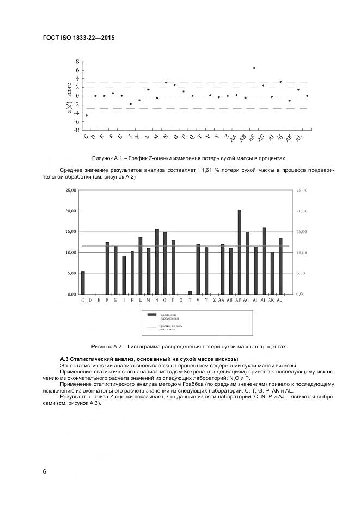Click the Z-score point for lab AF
[x=254, y=68]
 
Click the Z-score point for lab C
[x=87, y=115]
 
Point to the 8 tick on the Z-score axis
[x=78, y=62]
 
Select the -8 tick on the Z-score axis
[x=77, y=130]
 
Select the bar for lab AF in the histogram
[x=239, y=252]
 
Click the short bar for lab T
[x=190, y=292]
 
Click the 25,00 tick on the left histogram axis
[x=70, y=191]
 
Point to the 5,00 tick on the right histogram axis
[x=301, y=273]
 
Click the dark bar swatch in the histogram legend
[x=151, y=315]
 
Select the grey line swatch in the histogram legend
[x=151, y=327]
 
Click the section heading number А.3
[x=64, y=359]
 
